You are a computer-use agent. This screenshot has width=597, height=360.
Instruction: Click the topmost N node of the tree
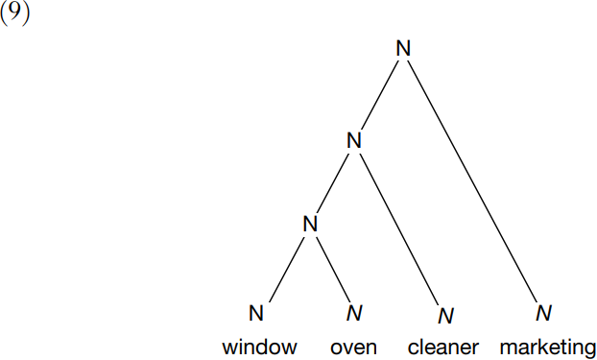pyautogui.click(x=403, y=49)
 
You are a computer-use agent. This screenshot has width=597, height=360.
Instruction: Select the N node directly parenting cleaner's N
pyautogui.click(x=354, y=140)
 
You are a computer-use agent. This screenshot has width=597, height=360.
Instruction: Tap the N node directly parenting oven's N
pyautogui.click(x=310, y=224)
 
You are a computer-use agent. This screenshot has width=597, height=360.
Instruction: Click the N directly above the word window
pyautogui.click(x=256, y=313)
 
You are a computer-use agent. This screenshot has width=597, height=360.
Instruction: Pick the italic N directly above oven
pyautogui.click(x=354, y=313)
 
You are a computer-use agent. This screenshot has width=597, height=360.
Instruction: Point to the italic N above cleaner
pyautogui.click(x=446, y=316)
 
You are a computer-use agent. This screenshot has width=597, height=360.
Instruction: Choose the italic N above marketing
pyautogui.click(x=543, y=313)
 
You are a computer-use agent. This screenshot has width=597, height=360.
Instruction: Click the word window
pyautogui.click(x=260, y=348)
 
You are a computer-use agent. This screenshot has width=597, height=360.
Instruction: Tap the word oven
pyautogui.click(x=354, y=348)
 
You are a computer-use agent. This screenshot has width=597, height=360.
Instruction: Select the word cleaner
pyautogui.click(x=443, y=348)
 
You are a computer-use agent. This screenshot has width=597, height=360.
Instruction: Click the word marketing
pyautogui.click(x=548, y=348)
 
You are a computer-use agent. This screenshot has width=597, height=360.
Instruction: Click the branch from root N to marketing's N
pyautogui.click(x=472, y=181)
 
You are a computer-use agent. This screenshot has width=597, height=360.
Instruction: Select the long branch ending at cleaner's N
pyautogui.click(x=399, y=228)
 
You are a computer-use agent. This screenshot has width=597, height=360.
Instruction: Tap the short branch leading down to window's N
pyautogui.click(x=287, y=270)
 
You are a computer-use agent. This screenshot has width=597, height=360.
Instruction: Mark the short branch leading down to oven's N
pyautogui.click(x=333, y=270)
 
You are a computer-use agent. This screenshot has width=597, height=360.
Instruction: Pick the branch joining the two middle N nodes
pyautogui.click(x=333, y=182)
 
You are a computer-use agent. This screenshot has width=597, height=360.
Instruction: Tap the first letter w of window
pyautogui.click(x=229, y=348)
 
